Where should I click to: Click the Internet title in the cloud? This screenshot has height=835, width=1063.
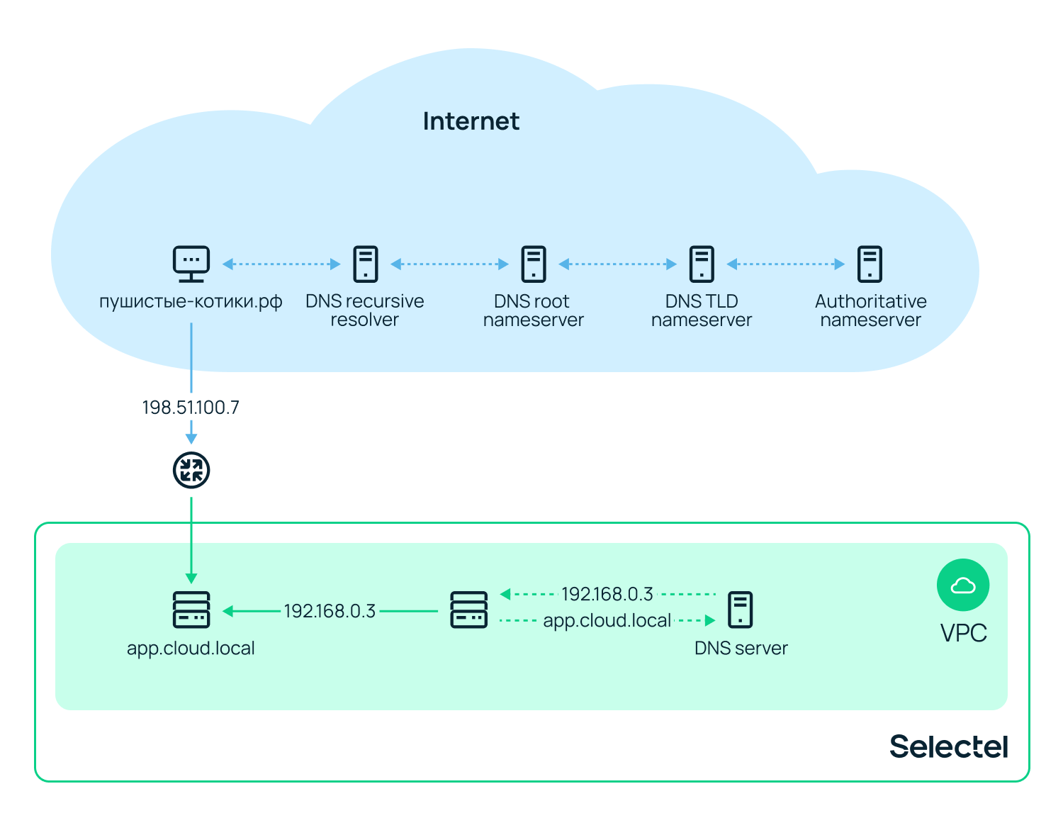[471, 121]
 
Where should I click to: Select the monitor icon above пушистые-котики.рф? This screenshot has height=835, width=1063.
[191, 264]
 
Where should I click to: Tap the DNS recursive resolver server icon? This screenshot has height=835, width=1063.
[366, 264]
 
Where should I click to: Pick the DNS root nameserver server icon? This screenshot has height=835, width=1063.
[534, 264]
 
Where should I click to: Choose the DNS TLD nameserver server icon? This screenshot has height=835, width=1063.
[702, 264]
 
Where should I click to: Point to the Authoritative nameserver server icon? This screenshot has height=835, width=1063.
[870, 264]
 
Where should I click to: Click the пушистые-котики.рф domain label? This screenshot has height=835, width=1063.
[191, 302]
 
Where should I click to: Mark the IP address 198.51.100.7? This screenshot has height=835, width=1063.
[191, 408]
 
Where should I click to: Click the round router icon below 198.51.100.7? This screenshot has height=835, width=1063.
[191, 470]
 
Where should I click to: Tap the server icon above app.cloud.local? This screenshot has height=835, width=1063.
[191, 610]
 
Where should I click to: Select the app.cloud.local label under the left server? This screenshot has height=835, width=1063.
[191, 649]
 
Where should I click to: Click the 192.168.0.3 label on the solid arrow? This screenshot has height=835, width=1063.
[330, 611]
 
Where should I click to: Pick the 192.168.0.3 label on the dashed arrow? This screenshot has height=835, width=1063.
[607, 594]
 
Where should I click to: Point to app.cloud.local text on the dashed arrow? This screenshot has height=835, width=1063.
[607, 621]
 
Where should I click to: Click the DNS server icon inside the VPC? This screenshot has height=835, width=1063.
[741, 610]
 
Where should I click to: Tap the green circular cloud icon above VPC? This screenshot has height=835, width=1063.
[963, 585]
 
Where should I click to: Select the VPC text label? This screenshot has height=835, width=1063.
[963, 633]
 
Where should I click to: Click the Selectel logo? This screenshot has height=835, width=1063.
[948, 746]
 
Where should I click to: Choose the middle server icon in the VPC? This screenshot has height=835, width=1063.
[469, 610]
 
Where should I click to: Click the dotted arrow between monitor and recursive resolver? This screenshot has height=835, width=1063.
[281, 264]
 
